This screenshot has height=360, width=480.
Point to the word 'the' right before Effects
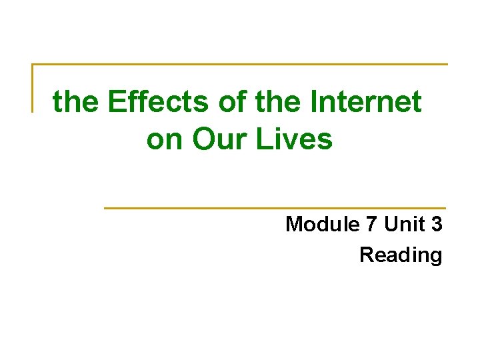pyautogui.click(x=75, y=102)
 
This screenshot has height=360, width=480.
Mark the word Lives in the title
pyautogui.click(x=297, y=139)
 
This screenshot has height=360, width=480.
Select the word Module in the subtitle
pyautogui.click(x=323, y=225)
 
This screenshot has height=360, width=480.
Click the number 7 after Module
pyautogui.click(x=372, y=225)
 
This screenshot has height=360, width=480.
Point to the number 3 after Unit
pyautogui.click(x=437, y=225)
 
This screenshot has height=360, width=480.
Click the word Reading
pyautogui.click(x=401, y=255)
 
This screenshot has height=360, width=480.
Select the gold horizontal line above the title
pyautogui.click(x=240, y=65)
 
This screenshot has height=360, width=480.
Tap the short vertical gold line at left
pyautogui.click(x=33, y=87)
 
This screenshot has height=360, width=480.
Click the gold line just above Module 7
pyautogui.click(x=275, y=208)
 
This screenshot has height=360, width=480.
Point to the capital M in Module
pyautogui.click(x=295, y=225)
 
